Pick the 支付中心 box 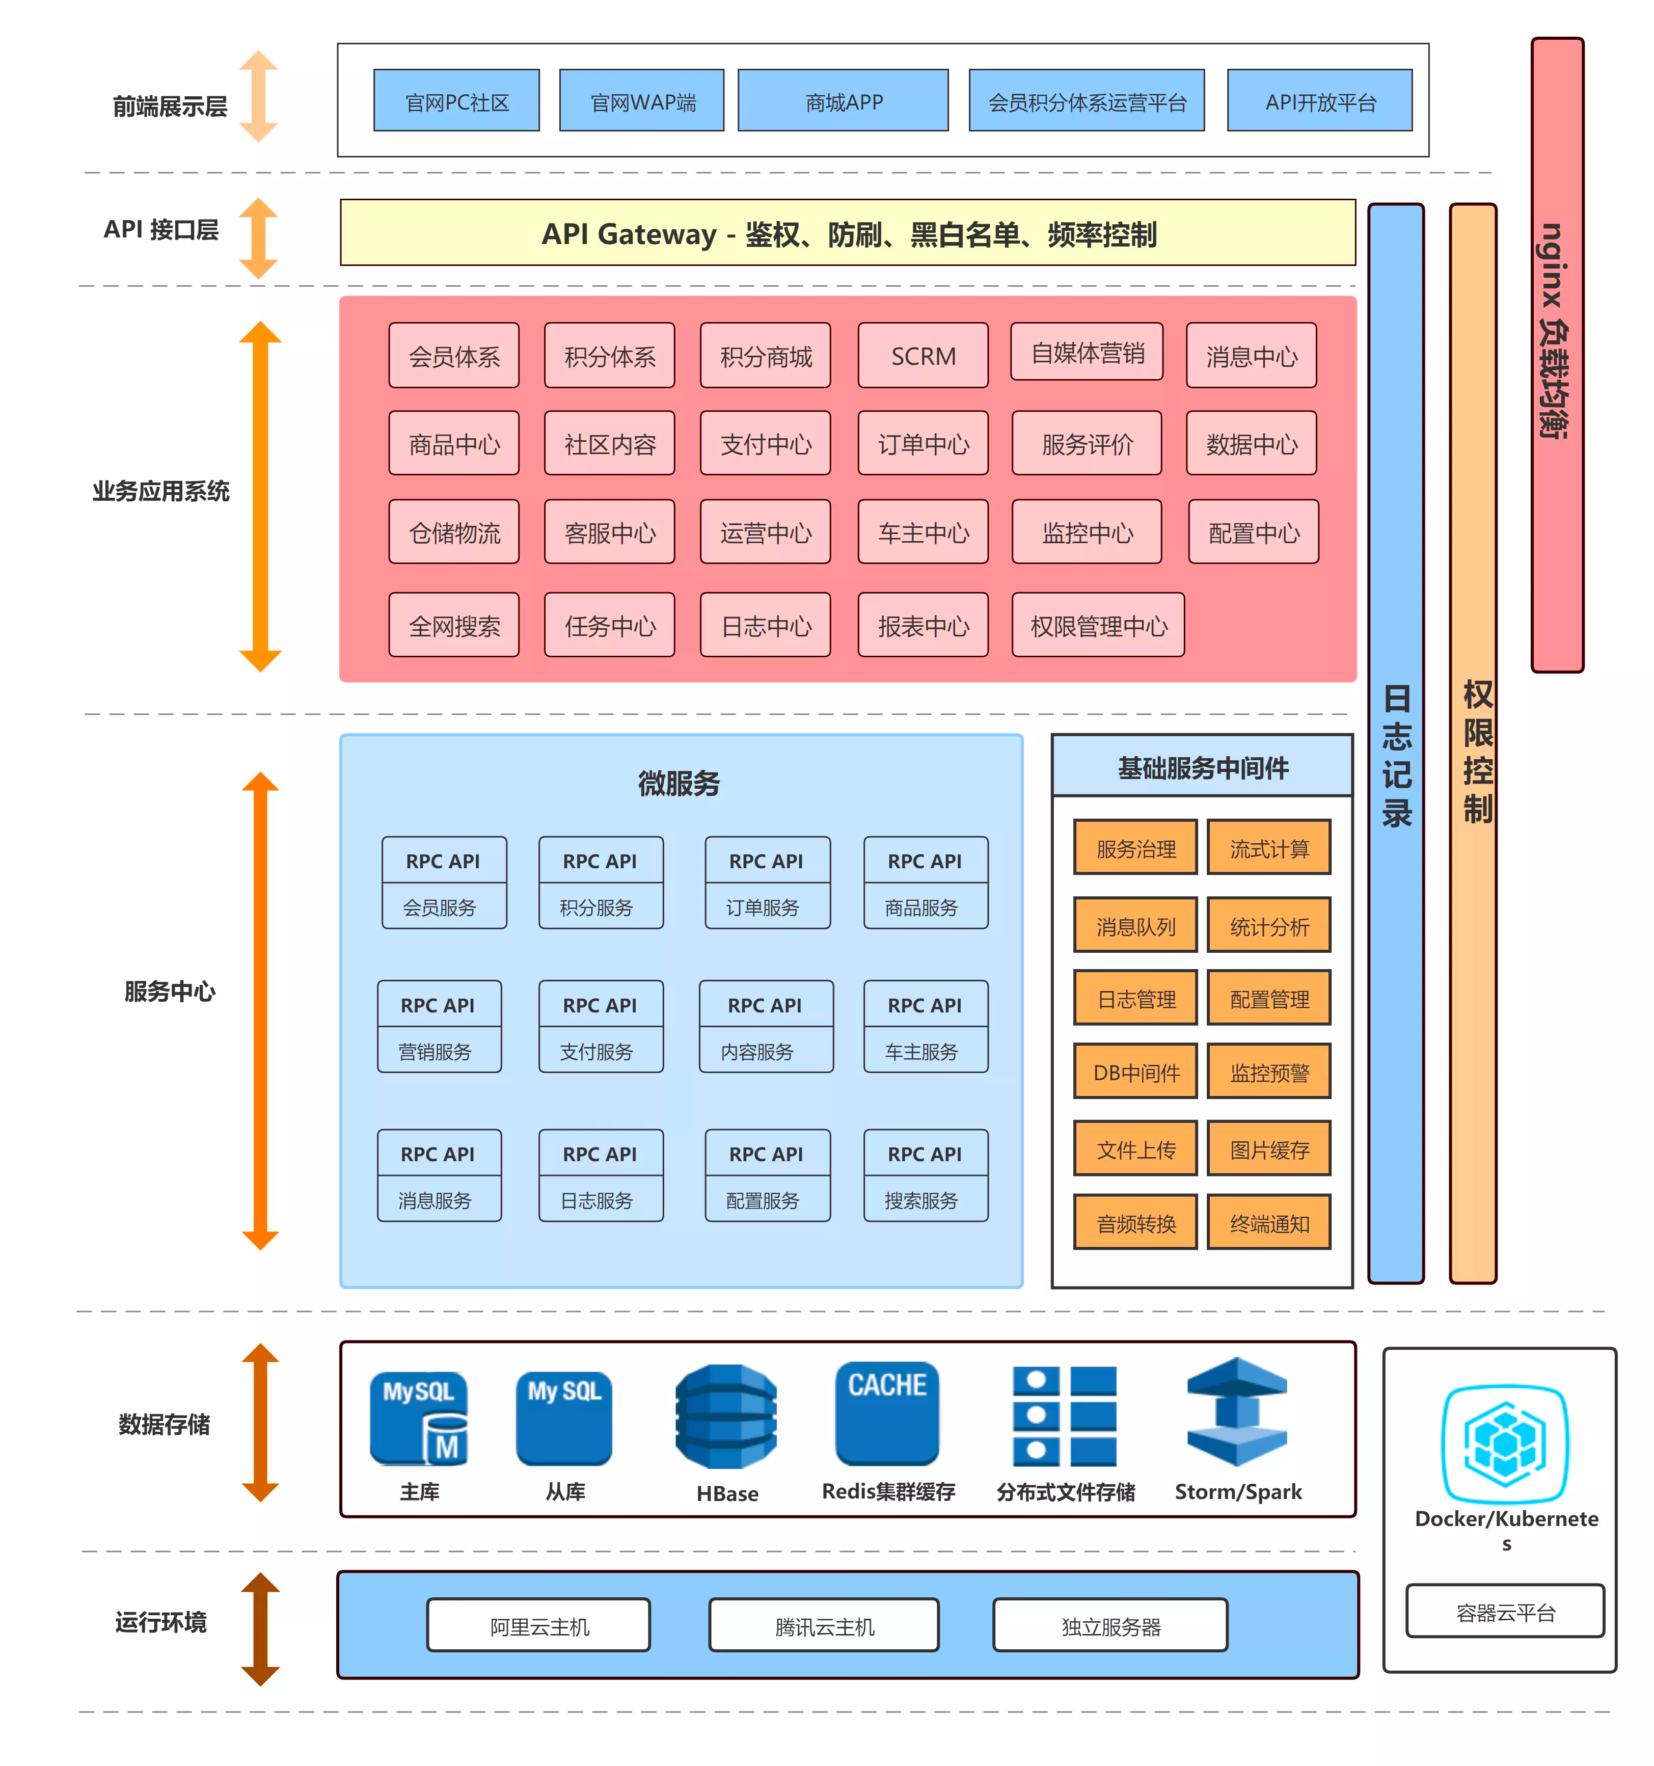pyautogui.click(x=765, y=443)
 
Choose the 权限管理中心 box pyautogui.click(x=1097, y=625)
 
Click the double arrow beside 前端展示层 pyautogui.click(x=258, y=96)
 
